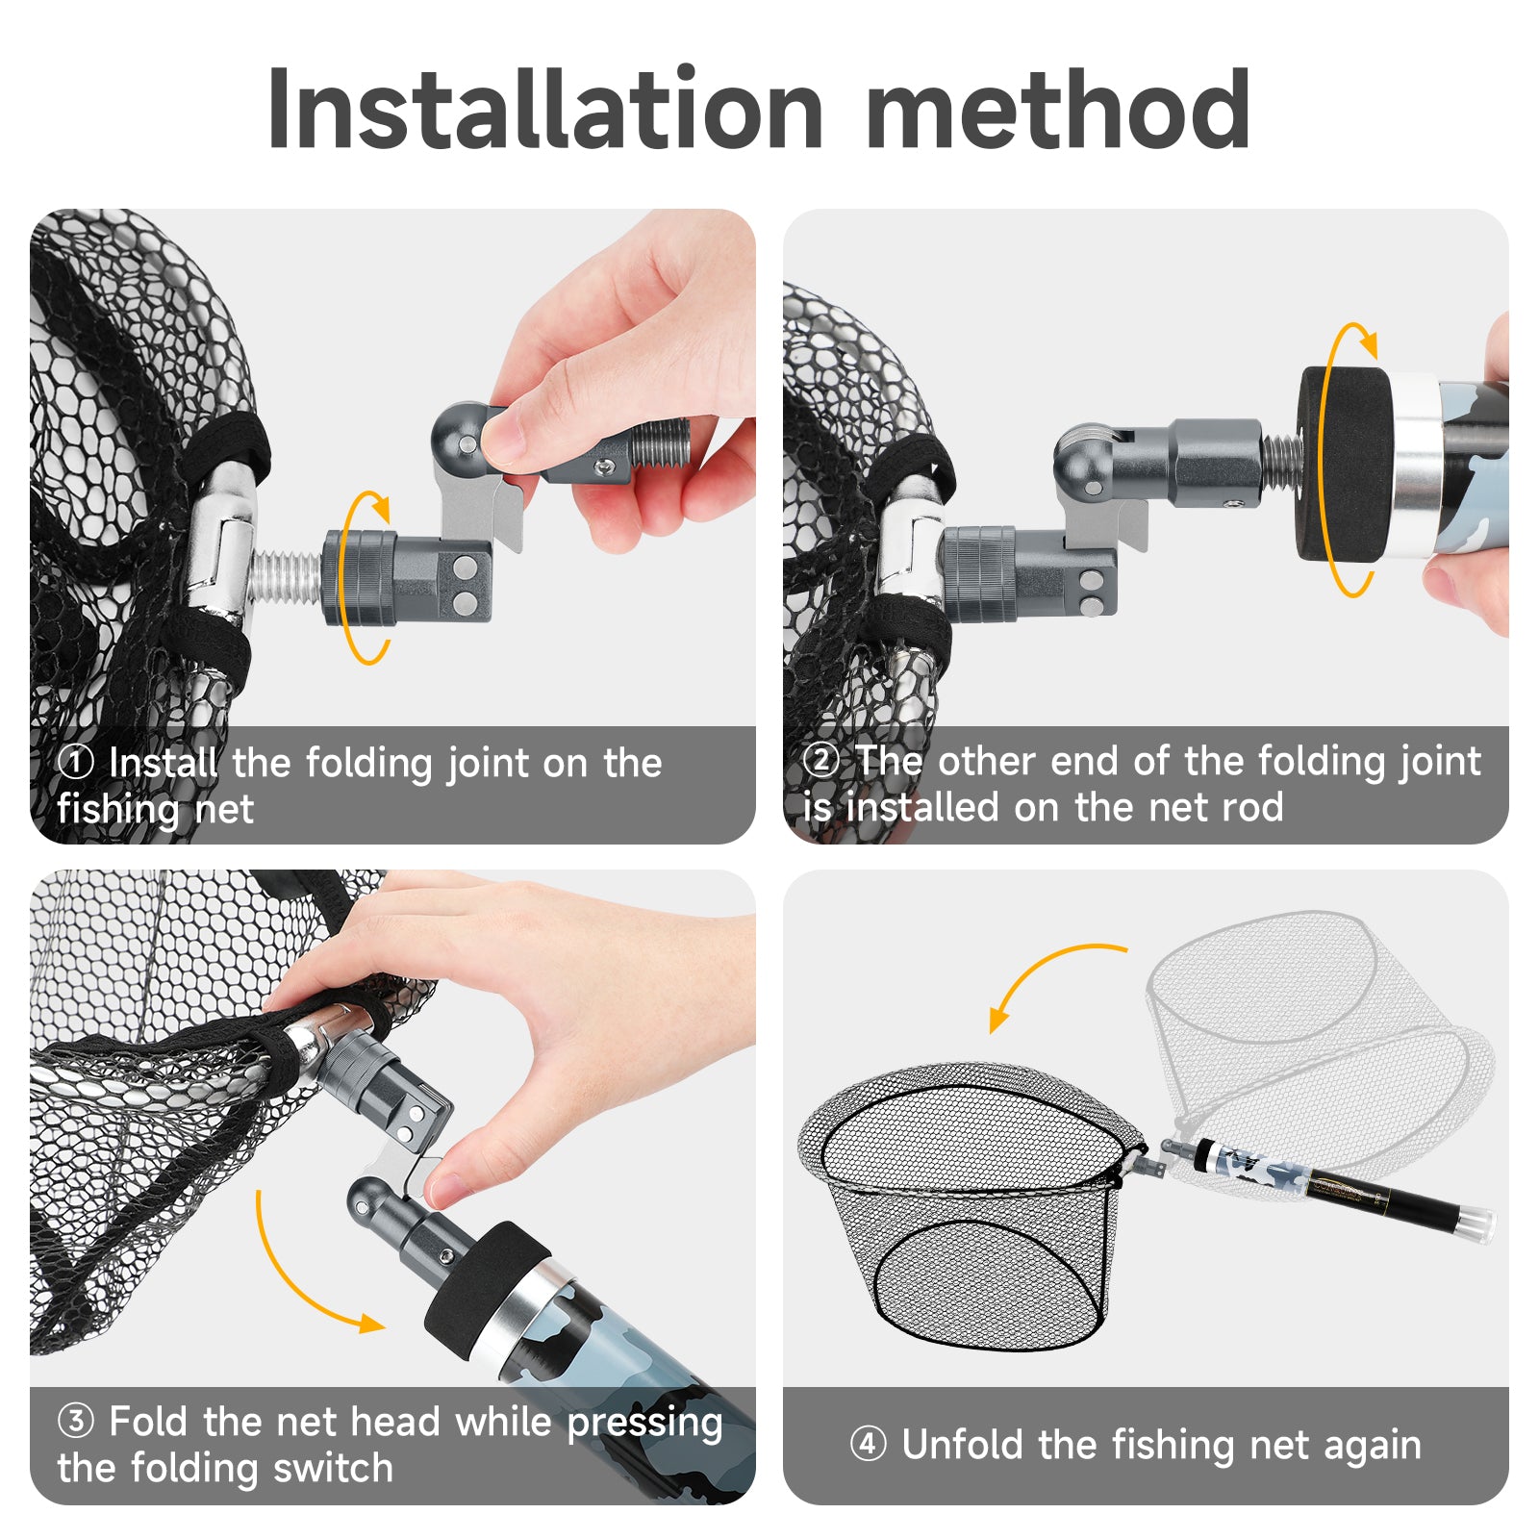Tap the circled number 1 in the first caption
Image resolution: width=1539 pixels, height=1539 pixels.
point(76,763)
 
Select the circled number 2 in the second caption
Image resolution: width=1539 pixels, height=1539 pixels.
point(820,760)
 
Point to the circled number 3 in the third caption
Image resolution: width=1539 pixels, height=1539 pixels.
point(76,1421)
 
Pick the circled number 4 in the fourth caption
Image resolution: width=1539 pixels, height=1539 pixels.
point(869,1444)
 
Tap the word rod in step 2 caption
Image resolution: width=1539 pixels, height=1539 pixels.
point(1251,807)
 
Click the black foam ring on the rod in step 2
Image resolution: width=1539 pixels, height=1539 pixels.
point(1345,464)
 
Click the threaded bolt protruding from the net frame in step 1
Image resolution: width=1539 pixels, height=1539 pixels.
point(287,578)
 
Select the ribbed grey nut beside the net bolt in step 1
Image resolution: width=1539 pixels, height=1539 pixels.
point(358,578)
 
